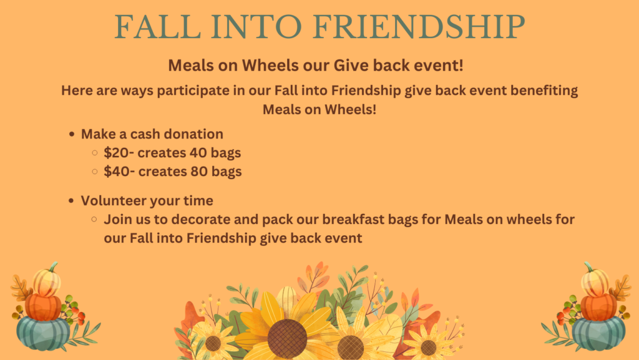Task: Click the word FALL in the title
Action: tap(157, 27)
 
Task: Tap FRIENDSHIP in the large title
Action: tap(419, 27)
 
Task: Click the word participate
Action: tap(193, 91)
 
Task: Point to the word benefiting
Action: tap(544, 90)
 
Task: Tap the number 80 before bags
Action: tap(199, 172)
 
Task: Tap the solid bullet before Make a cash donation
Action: tap(72, 134)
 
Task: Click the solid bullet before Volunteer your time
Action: tap(71, 200)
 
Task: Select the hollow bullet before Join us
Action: tap(95, 219)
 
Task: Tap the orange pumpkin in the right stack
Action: tap(598, 308)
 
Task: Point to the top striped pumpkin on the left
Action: tap(47, 281)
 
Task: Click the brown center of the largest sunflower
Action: tap(287, 339)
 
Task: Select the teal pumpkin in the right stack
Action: tap(598, 333)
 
